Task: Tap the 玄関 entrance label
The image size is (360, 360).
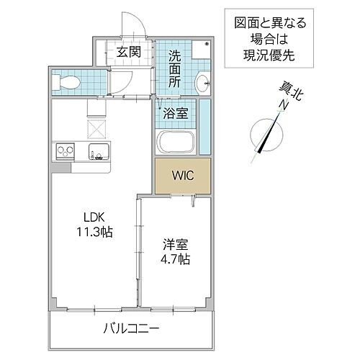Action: [x=130, y=52]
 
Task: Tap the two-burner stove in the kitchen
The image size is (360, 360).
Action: [x=64, y=153]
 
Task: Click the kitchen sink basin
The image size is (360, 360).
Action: [x=98, y=153]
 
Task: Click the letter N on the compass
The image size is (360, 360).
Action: [x=284, y=105]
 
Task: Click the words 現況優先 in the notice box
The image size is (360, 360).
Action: [x=259, y=54]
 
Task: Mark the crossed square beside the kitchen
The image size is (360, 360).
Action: [x=96, y=128]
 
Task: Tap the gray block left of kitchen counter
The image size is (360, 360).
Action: [x=60, y=168]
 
